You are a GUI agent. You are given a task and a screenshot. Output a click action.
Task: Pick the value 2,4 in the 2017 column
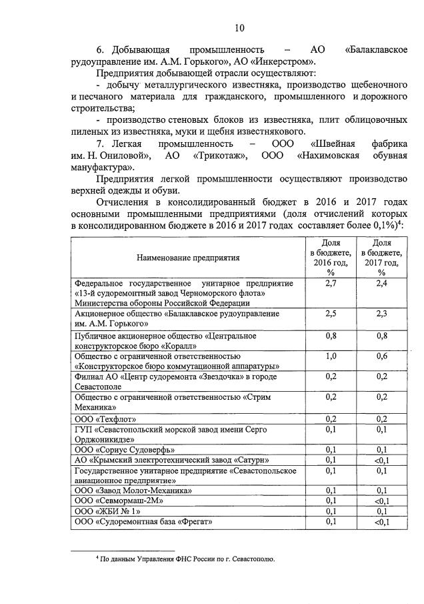(x=381, y=284)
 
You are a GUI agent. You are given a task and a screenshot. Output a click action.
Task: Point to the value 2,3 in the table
(x=381, y=314)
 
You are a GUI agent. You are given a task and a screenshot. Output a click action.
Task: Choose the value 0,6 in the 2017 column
(x=381, y=356)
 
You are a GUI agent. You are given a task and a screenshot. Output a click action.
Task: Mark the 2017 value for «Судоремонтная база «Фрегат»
(x=381, y=521)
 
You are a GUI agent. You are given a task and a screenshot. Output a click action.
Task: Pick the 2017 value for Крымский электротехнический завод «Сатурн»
(x=381, y=460)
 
